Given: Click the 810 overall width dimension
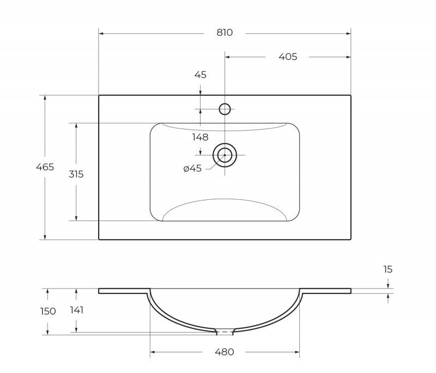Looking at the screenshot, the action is coord(225,33).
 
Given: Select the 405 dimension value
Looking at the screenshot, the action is coord(288,57).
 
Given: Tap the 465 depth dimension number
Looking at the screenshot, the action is coord(45,167).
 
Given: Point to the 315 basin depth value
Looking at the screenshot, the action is coord(76,174).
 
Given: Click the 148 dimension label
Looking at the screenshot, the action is coord(200,137).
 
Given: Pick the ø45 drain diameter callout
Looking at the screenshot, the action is coord(192,168).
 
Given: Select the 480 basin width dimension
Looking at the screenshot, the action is coord(225,352).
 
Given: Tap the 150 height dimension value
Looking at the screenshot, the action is coord(48,311).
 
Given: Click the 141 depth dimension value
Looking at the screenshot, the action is coord(77,310).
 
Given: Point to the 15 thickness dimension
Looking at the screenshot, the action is coord(388,269).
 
